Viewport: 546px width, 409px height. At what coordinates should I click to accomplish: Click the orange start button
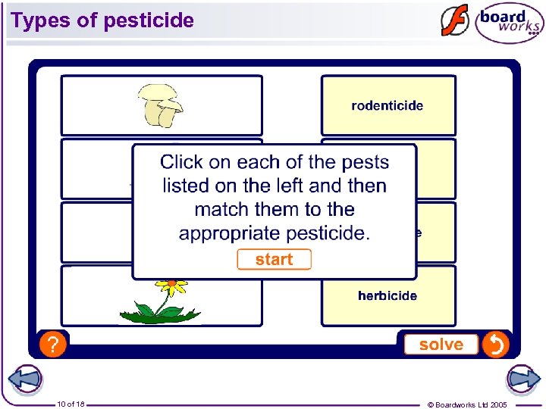tap(274, 260)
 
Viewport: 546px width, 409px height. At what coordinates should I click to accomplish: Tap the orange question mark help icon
tap(52, 345)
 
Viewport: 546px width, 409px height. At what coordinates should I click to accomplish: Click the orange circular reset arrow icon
tap(495, 345)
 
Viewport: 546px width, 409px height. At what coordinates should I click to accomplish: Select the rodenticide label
tap(388, 106)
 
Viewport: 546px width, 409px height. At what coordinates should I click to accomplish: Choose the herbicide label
tap(388, 295)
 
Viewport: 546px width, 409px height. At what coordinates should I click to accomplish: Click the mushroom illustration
tap(160, 105)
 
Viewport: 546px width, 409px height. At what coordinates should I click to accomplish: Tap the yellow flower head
tap(172, 286)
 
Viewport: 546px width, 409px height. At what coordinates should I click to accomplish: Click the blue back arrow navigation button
tap(25, 379)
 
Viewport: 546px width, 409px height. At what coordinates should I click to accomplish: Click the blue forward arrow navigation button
tap(523, 379)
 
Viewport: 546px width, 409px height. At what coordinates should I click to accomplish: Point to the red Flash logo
tap(455, 21)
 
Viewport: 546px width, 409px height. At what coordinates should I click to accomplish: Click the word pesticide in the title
tap(149, 20)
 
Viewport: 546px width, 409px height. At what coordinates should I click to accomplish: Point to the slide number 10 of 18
tap(70, 404)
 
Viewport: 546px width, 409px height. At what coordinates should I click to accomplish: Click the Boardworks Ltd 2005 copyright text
tap(467, 404)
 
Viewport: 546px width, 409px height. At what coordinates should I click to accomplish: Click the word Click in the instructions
tap(181, 162)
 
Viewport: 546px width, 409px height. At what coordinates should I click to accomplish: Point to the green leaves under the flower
tap(159, 312)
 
